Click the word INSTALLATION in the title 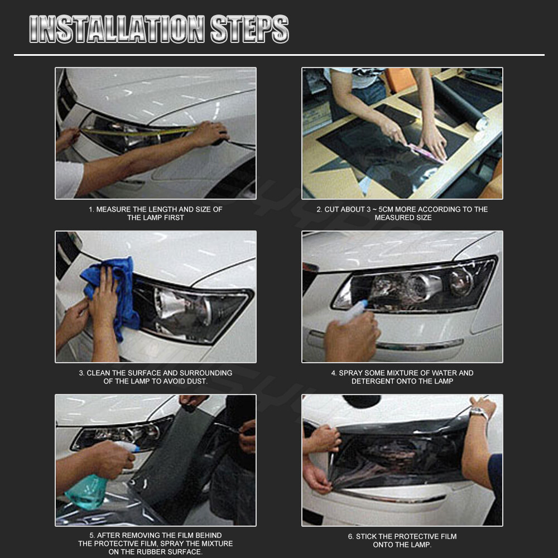[117, 29]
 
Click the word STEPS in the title [249, 29]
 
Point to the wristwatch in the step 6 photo [478, 413]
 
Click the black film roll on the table [459, 103]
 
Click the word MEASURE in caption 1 [113, 209]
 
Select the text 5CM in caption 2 [386, 209]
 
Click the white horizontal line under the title [280, 55]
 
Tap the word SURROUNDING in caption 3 [206, 373]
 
